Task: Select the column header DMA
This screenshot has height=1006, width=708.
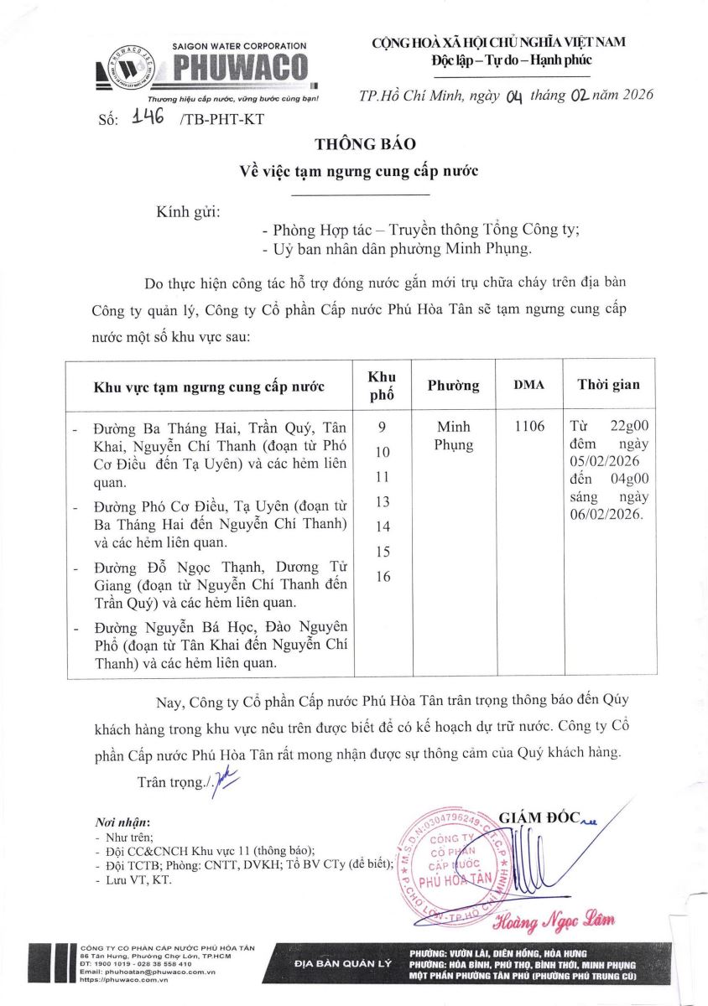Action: tap(528, 385)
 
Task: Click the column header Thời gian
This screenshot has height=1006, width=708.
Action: tap(608, 385)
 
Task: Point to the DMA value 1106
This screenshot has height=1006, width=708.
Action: tap(528, 427)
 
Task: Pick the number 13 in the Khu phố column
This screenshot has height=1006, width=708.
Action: tap(383, 501)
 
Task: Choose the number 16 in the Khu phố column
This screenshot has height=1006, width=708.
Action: tap(383, 577)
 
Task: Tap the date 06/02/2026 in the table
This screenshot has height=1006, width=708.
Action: tap(605, 515)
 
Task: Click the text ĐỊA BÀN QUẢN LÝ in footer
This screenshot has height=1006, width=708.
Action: tap(343, 964)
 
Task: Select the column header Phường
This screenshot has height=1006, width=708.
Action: tap(453, 385)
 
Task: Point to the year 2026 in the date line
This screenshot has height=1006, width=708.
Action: tap(630, 94)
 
